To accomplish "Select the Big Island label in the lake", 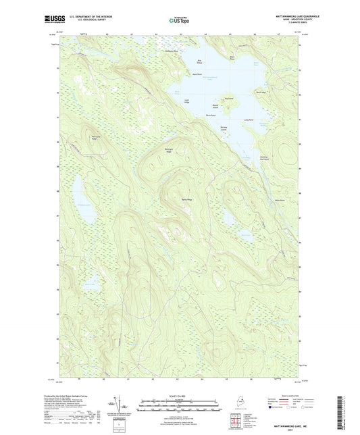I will [229, 99].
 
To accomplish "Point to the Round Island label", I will [215, 105].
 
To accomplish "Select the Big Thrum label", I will [199, 61].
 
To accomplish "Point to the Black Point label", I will [232, 57].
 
